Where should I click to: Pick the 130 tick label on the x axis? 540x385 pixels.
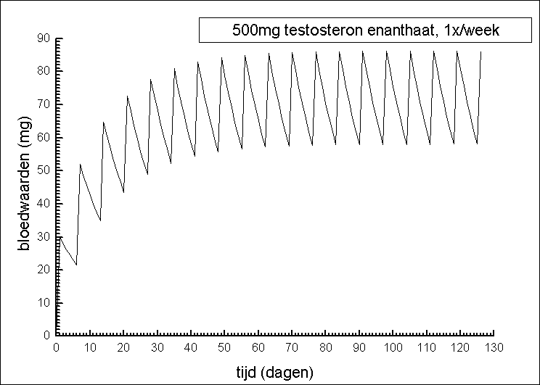[x=494, y=347]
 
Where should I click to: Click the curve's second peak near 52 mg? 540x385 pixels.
[x=80, y=164]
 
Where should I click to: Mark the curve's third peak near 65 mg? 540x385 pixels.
[x=104, y=122]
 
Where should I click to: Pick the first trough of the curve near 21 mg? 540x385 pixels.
[x=76, y=265]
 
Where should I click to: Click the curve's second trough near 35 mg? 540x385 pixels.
[x=100, y=220]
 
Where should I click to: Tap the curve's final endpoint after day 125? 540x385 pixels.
[x=480, y=51]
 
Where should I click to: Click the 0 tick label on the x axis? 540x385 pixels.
[x=57, y=347]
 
